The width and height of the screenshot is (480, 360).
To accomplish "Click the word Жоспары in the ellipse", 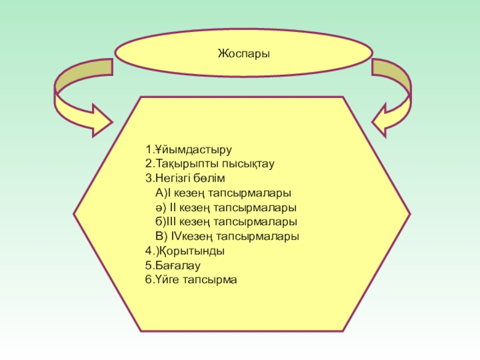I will coord(244,54).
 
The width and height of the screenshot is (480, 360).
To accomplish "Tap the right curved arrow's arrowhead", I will coord(386,118).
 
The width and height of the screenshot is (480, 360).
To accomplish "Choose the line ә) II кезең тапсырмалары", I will coord(226,207).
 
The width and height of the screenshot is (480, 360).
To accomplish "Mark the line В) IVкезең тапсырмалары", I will coord(227,236).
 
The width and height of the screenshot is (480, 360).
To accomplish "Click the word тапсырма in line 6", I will coord(214,280).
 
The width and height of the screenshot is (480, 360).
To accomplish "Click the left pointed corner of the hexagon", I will coord(74,213).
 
